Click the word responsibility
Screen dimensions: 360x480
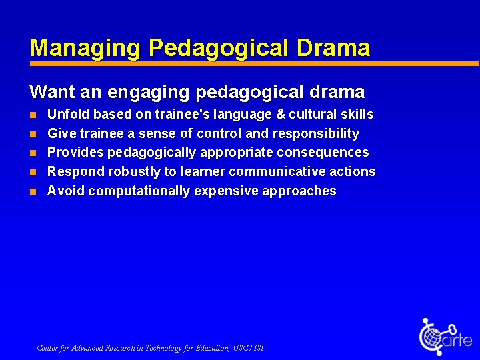315,133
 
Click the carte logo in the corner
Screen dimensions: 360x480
445,336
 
